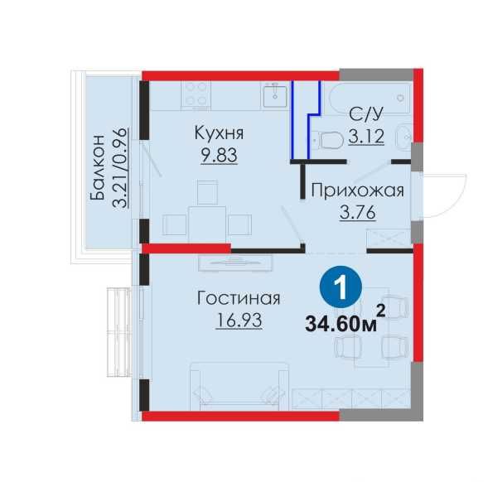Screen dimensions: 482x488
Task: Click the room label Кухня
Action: coord(220,133)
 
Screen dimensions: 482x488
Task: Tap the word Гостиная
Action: coord(239,298)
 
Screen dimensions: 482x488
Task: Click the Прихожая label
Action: coord(356,191)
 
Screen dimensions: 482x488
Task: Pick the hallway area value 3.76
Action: coord(357,213)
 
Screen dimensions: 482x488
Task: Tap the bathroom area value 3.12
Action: coord(365,137)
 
